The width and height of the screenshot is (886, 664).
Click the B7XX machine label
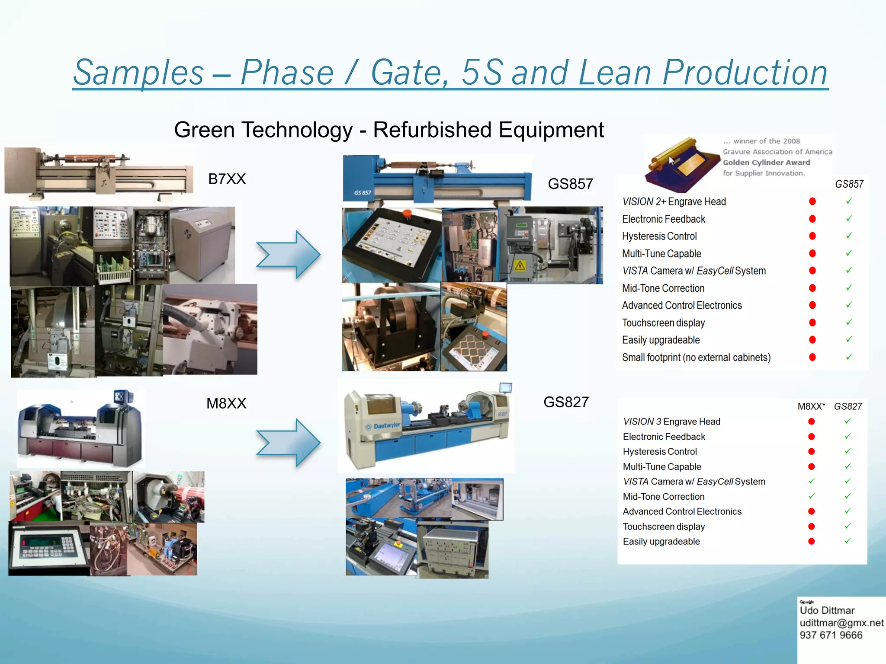tap(227, 179)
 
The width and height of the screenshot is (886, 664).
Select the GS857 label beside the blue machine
tap(570, 184)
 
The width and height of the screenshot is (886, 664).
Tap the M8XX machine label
tap(226, 403)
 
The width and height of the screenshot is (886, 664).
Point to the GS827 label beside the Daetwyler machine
tap(566, 402)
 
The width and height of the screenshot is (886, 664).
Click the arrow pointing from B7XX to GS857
tap(288, 255)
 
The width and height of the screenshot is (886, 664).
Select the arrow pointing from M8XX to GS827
tap(288, 443)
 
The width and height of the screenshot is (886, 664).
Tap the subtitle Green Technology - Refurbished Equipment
tap(388, 130)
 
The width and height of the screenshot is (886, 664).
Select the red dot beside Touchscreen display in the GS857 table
tap(812, 322)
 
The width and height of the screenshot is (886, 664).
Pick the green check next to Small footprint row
tap(849, 357)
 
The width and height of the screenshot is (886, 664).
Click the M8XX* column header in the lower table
tap(811, 406)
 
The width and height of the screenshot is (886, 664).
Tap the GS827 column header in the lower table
tap(848, 406)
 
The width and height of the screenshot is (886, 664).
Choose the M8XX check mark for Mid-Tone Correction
tap(812, 496)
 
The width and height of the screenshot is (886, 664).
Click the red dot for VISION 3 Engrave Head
tap(812, 421)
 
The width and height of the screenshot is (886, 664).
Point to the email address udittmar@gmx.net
tap(841, 623)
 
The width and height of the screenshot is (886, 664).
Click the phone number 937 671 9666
tap(831, 635)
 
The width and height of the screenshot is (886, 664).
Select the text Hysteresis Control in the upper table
tap(659, 236)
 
